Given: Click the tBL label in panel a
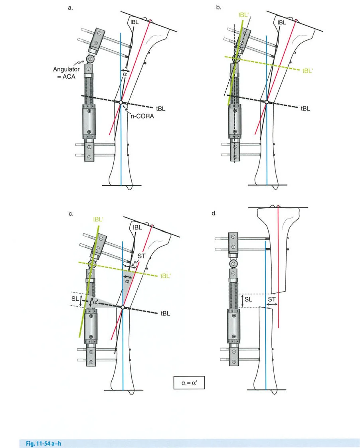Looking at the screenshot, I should (159, 108).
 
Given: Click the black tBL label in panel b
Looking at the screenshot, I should (306, 108).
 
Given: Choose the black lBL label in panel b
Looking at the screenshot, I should (281, 23).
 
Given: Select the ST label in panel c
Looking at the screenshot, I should (141, 256).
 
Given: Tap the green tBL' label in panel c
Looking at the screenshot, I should (166, 276).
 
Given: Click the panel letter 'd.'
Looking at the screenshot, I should (214, 214).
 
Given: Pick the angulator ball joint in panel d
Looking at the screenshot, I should (233, 264).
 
